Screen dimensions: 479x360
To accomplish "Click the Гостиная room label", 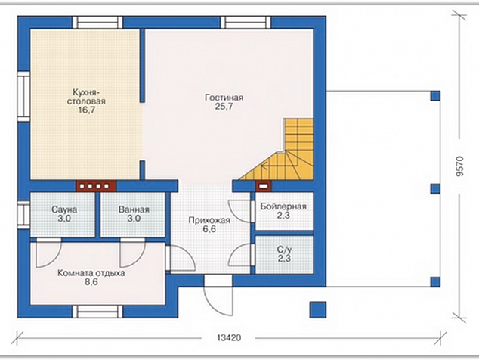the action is point(224,98).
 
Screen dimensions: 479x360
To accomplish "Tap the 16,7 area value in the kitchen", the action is point(86,110).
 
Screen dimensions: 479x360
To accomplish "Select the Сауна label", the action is point(64,209).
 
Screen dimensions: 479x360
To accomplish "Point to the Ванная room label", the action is point(134,209).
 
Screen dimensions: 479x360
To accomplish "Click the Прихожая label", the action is point(209,220).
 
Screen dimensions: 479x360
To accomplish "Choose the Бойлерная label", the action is point(283,206).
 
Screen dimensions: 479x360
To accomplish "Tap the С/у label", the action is point(284,250).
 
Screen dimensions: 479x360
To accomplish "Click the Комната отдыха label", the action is point(91,273).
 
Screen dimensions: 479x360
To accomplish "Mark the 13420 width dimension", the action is point(229,337).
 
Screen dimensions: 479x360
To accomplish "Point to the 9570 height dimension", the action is point(460,166).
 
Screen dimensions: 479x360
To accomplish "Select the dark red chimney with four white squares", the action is point(96,186).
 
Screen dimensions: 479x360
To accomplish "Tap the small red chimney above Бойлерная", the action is point(262,185).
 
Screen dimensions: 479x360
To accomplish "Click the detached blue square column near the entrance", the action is point(318,309).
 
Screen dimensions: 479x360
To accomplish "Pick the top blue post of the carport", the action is point(435,96).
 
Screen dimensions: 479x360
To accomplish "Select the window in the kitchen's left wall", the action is point(23,96).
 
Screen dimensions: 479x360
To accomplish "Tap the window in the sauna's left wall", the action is point(23,214).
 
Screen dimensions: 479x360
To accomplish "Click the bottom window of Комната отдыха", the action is point(97,312).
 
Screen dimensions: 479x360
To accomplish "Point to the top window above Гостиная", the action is point(246,23).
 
